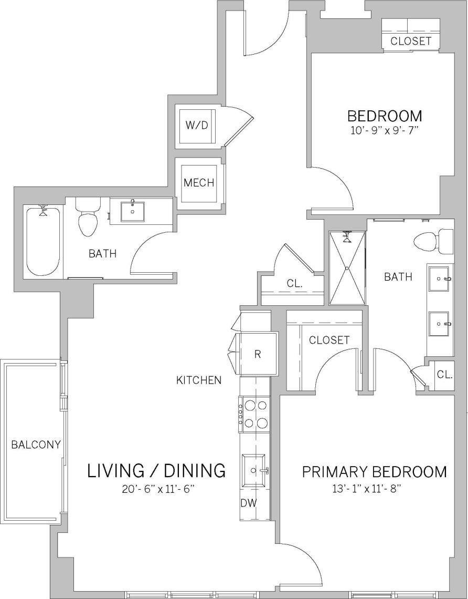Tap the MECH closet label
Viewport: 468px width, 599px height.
tap(199, 183)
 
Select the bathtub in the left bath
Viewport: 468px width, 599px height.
tap(43, 241)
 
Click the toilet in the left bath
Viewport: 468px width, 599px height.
tap(88, 218)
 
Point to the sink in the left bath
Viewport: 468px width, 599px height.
tap(133, 211)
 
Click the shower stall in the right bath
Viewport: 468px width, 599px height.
tap(347, 268)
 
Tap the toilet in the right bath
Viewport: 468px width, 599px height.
tap(433, 241)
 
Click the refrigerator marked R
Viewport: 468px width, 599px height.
tap(258, 354)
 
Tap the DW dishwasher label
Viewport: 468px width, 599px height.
tap(249, 503)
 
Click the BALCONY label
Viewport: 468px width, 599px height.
tap(36, 445)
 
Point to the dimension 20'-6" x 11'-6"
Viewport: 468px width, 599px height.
tap(156, 489)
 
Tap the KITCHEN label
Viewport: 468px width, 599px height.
tap(199, 380)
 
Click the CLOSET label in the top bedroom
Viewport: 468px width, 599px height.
tap(411, 41)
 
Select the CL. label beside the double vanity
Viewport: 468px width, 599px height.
tap(445, 375)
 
